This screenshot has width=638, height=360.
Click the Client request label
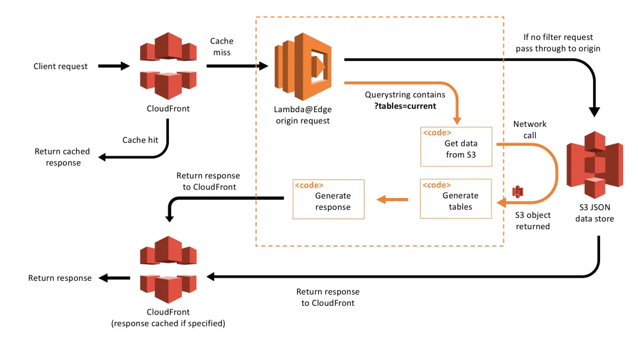point(60,66)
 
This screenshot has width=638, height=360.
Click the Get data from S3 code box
point(456,146)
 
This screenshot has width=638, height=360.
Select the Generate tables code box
point(456,199)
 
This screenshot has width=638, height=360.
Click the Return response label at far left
point(60,278)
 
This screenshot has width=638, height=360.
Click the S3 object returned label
point(533,220)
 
